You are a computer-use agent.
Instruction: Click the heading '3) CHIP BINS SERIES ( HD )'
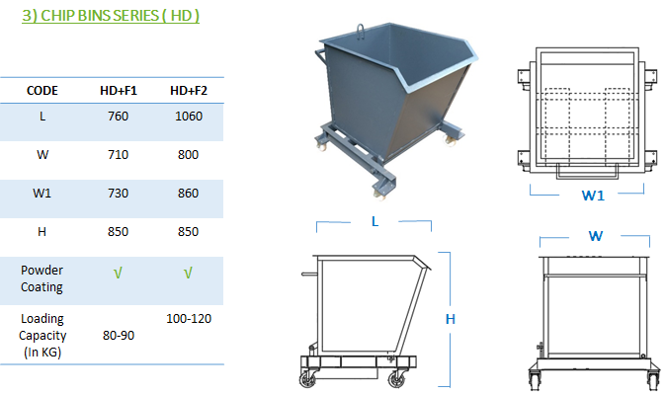tap(111, 16)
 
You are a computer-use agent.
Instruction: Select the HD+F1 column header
tap(119, 91)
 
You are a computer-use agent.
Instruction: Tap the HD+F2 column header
tap(189, 91)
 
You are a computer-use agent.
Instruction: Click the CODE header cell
tap(42, 91)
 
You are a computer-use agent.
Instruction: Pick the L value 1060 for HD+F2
tap(189, 117)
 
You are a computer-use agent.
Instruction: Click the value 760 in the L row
tap(118, 117)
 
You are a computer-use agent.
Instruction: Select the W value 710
tap(118, 155)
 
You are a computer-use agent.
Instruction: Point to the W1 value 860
tap(189, 194)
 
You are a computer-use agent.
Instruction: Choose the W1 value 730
tap(118, 194)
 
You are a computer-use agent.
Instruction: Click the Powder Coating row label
tap(42, 278)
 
